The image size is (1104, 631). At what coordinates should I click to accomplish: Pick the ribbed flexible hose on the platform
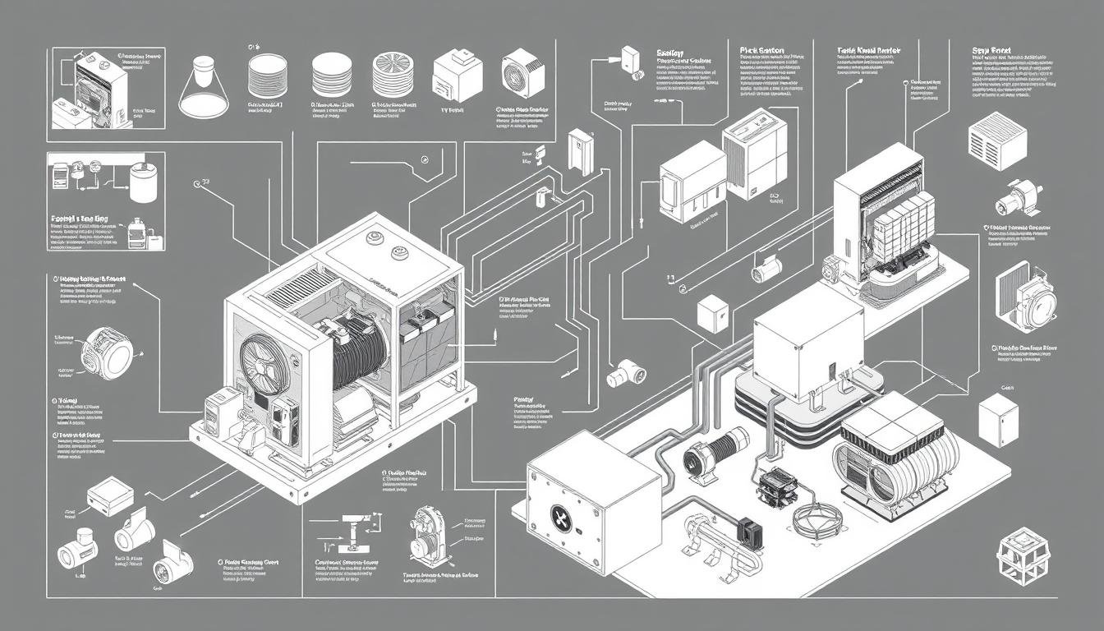(725, 450)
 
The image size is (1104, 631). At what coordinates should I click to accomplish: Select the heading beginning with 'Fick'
(761, 51)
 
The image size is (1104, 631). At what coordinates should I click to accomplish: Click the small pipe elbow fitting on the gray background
(624, 375)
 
